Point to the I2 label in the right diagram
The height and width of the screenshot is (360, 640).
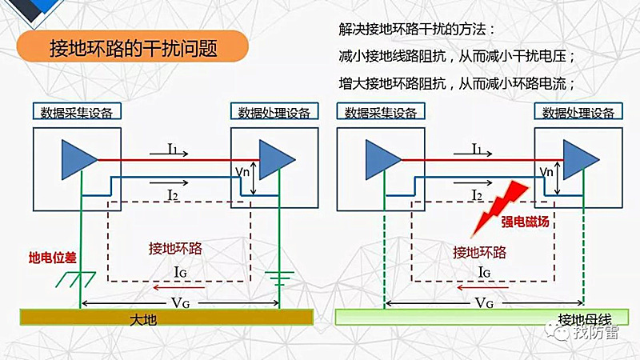coord(478,195)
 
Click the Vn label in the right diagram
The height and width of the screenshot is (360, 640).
coord(547,170)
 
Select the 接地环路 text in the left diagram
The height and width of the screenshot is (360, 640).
coord(175,248)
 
